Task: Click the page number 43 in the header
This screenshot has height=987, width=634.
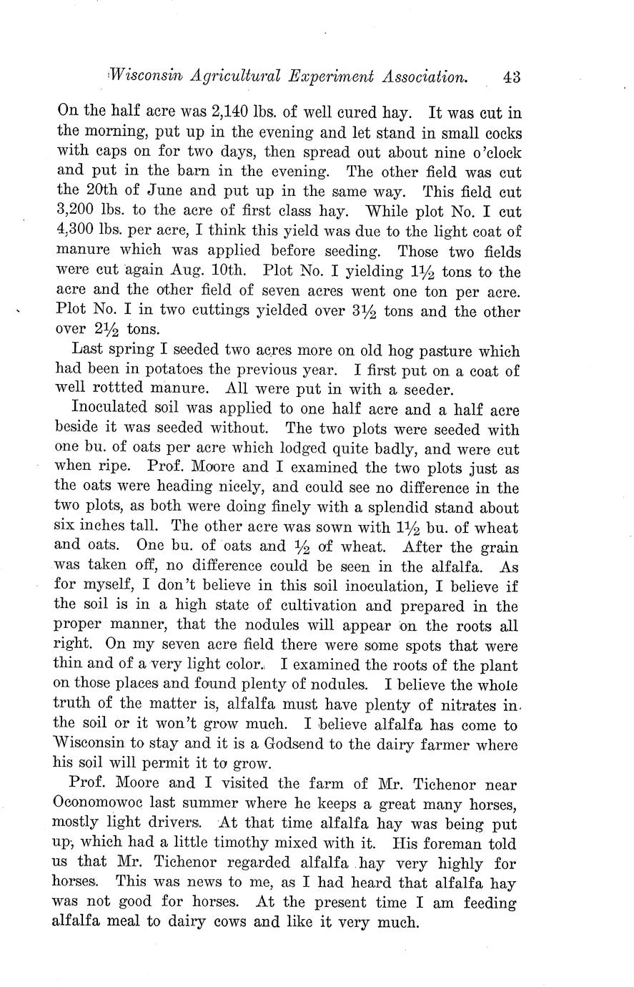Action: [511, 77]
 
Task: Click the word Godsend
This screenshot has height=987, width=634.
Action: [309, 745]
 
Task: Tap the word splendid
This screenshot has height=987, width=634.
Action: [403, 509]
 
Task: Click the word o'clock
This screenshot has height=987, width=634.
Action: [492, 153]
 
